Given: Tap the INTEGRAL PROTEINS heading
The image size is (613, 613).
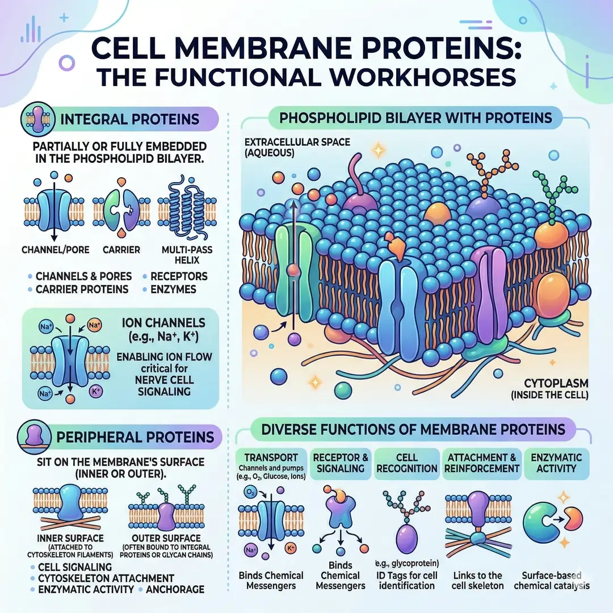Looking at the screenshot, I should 129,120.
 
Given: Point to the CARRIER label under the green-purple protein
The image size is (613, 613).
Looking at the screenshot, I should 119,249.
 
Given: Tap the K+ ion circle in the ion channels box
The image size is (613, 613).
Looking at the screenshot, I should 95,392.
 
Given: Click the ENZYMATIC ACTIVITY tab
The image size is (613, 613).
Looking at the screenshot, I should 551,462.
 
